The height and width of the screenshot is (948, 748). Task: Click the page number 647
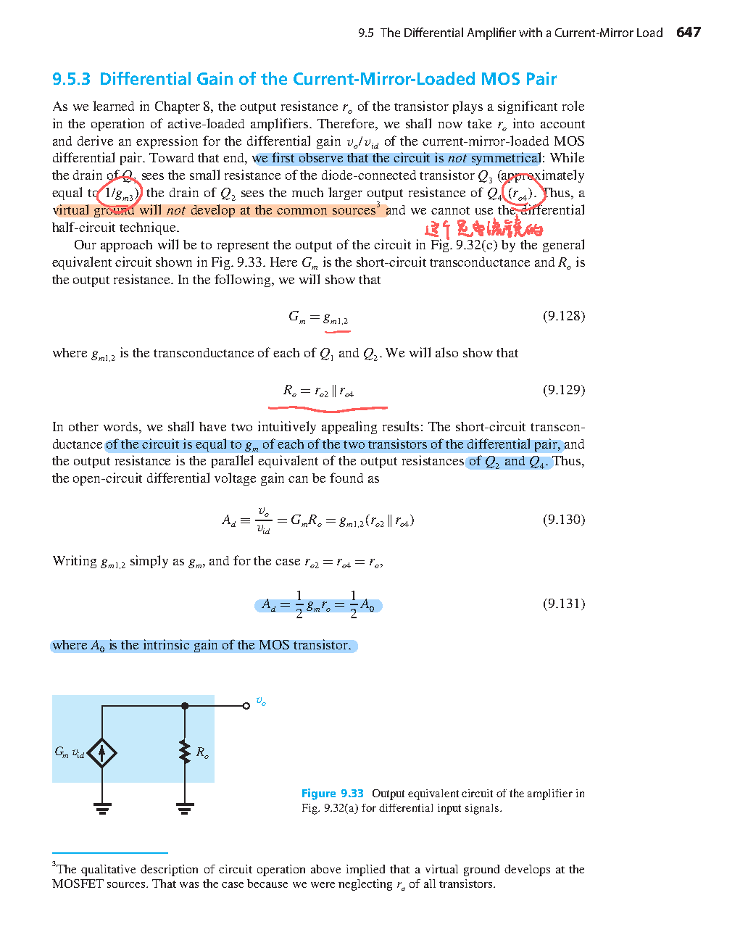(x=688, y=33)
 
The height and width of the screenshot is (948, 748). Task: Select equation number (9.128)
(x=563, y=316)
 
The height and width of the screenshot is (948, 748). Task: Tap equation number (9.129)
(x=563, y=390)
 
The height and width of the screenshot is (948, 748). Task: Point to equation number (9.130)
(x=563, y=520)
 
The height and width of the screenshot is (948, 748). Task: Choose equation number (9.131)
(x=563, y=604)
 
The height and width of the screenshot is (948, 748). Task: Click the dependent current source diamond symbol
(x=102, y=753)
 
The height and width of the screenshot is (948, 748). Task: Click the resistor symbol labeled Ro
(x=185, y=752)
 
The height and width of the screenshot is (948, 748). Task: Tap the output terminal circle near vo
(x=246, y=706)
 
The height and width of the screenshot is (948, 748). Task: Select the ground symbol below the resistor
(x=185, y=807)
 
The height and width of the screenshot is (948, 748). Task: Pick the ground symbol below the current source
(x=102, y=807)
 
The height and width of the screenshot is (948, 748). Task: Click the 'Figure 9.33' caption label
(x=332, y=794)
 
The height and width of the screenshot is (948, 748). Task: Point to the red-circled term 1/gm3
(x=119, y=194)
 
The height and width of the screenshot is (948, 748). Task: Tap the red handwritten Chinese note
(x=483, y=230)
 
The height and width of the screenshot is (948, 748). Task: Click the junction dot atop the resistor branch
(x=185, y=706)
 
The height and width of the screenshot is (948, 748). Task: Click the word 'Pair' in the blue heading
(x=539, y=79)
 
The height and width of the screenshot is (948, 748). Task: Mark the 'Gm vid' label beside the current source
(x=70, y=753)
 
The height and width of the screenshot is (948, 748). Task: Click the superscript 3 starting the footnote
(x=54, y=865)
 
